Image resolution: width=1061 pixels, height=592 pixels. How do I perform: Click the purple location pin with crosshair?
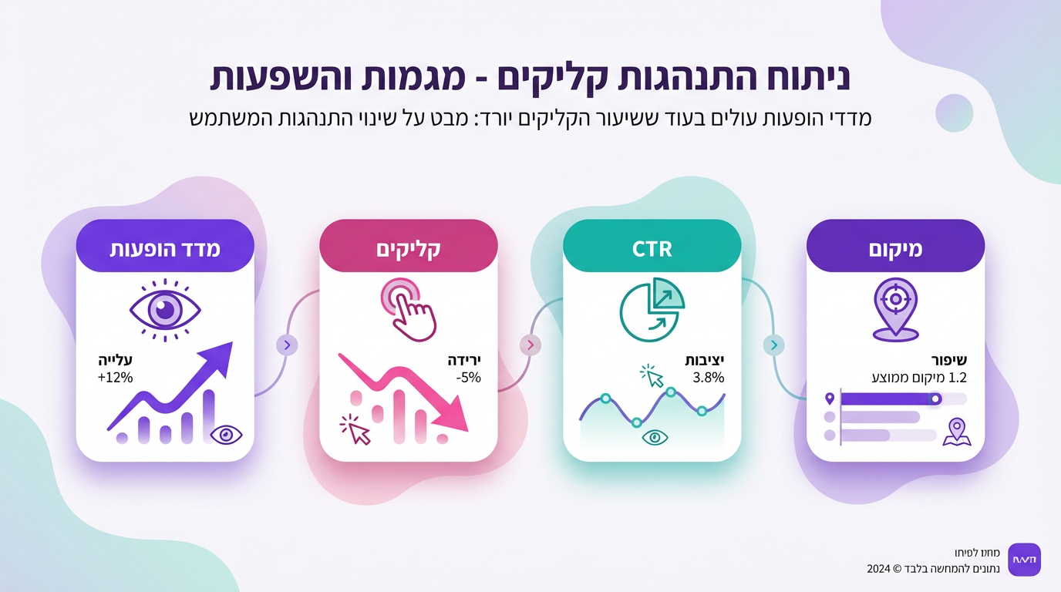click(x=895, y=309)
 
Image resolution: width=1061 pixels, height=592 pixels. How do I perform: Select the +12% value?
click(x=116, y=378)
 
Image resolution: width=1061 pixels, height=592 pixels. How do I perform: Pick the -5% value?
click(x=467, y=378)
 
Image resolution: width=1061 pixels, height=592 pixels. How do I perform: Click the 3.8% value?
click(x=709, y=378)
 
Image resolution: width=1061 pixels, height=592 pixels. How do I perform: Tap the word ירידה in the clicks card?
click(x=464, y=360)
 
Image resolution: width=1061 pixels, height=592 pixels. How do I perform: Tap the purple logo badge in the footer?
click(x=1025, y=560)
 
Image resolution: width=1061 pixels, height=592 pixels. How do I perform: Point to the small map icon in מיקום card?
click(x=957, y=432)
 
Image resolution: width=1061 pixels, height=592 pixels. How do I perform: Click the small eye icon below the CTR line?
click(x=655, y=437)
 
